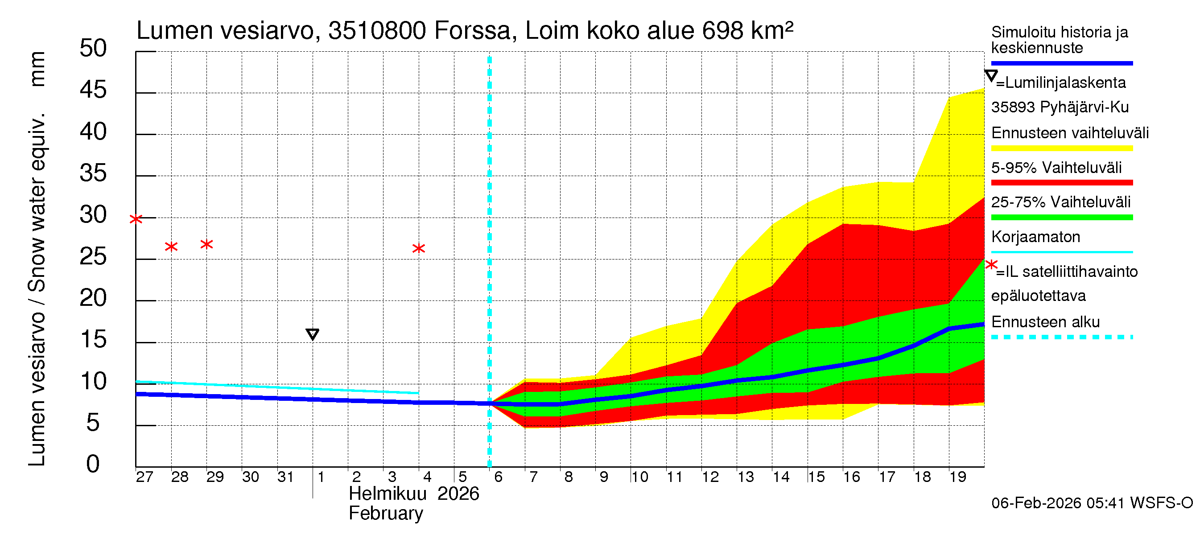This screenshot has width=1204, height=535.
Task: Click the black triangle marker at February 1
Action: pos(312,334)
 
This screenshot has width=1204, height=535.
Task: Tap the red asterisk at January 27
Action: pos(136,218)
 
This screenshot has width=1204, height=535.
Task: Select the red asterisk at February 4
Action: pos(418,248)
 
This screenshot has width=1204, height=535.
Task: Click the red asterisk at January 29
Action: pos(206,244)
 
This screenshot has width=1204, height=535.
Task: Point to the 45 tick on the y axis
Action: pos(93,90)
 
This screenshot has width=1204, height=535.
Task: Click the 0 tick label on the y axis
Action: pos(93,464)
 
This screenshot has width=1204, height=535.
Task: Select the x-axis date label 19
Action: pos(958,477)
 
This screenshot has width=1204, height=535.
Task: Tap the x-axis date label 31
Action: pos(285,477)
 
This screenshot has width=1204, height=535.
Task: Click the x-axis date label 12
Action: pos(710,477)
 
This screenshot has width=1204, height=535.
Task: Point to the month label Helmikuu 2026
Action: pos(414,494)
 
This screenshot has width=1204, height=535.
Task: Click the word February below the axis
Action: pos(386,513)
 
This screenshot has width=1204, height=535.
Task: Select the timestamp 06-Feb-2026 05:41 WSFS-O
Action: pos(1092,503)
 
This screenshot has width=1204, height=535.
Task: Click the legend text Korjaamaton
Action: pos(1035,237)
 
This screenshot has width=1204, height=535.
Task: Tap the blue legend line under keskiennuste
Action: pos(1061,63)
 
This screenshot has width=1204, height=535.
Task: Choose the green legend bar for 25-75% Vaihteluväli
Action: pos(1061,217)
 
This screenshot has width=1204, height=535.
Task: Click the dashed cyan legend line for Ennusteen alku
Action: pos(1061,337)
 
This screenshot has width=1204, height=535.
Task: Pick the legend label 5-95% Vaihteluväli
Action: pos(1056,167)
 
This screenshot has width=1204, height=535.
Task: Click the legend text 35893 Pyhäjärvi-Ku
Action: pos(1060,107)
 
